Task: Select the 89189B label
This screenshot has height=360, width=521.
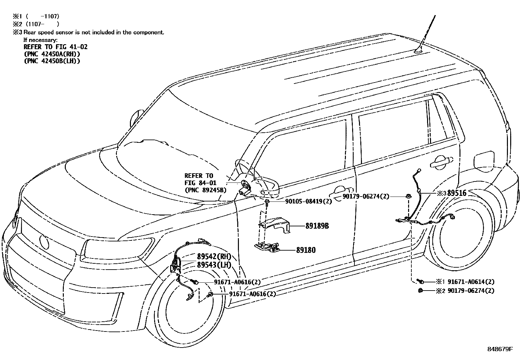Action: (x=317, y=226)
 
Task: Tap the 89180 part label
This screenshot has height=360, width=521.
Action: (x=306, y=250)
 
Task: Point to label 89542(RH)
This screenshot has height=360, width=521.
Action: (x=214, y=256)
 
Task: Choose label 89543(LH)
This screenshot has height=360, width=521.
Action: (x=214, y=265)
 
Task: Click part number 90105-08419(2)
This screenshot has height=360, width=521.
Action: (x=304, y=201)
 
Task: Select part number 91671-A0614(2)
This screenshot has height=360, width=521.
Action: (x=471, y=281)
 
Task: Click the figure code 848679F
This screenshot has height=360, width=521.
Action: (x=499, y=349)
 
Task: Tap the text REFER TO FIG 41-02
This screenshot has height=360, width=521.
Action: (x=55, y=47)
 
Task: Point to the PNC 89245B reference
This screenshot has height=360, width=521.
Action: (x=206, y=190)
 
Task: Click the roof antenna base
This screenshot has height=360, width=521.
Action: (x=419, y=50)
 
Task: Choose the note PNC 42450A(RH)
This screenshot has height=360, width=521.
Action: (x=52, y=54)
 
